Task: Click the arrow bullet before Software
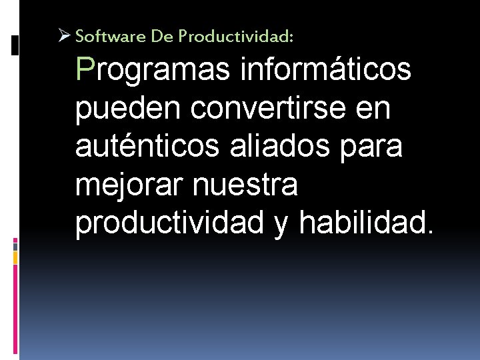[x=65, y=36]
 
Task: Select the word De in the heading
[x=161, y=37]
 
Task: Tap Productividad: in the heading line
[x=235, y=37]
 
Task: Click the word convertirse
[x=264, y=108]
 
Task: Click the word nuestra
[x=245, y=185]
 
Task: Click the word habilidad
[x=366, y=223]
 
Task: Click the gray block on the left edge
[x=15, y=245]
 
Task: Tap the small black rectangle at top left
[x=15, y=45]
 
